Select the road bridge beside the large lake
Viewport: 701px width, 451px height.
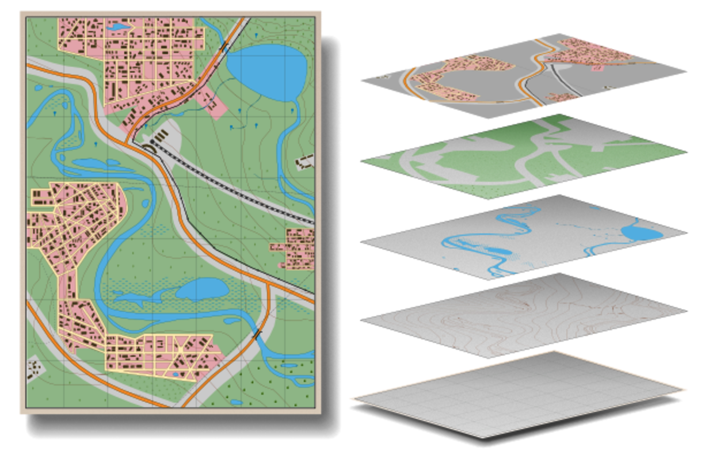(223, 46)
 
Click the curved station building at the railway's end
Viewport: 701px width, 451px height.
(148, 148)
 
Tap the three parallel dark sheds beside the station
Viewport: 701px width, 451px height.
(162, 135)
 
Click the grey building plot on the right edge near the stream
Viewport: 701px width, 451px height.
(304, 160)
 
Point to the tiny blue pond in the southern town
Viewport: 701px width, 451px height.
(176, 374)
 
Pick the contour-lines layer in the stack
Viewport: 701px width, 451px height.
(518, 314)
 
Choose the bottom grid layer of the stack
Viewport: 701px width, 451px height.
(518, 397)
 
